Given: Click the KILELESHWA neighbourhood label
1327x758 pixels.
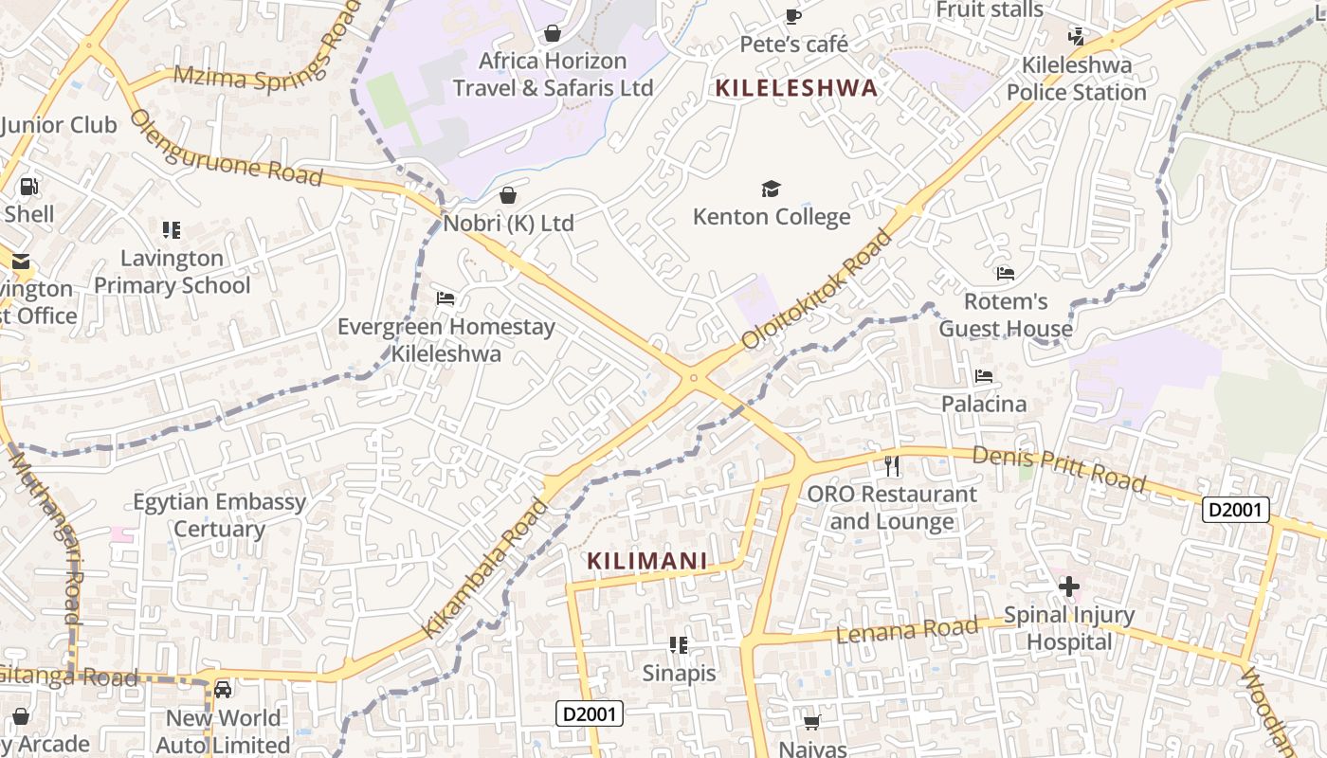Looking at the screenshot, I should [x=796, y=88].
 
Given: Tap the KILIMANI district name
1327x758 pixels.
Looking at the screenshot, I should [x=647, y=561].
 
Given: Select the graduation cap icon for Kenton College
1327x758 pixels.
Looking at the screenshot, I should [x=771, y=189].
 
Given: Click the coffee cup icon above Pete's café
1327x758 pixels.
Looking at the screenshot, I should [x=792, y=16].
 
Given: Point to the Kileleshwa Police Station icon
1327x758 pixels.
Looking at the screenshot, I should [x=1076, y=37].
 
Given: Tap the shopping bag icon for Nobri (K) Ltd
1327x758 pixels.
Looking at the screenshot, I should [x=508, y=196].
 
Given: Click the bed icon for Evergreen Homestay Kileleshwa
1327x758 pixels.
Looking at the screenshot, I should [x=445, y=298].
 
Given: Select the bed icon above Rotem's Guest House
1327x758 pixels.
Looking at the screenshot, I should [x=1006, y=274].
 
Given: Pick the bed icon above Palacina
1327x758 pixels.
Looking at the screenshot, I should [x=984, y=376].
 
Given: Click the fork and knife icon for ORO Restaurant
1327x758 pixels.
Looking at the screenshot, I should [x=891, y=465].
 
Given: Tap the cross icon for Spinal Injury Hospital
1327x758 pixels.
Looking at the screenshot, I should [x=1069, y=587].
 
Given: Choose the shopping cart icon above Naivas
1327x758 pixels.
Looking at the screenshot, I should [x=811, y=723].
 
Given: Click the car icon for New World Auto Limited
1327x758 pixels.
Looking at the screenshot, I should [x=223, y=689].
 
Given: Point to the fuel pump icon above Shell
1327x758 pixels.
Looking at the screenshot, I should [x=29, y=187].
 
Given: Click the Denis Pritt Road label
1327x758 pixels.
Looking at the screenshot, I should [x=1059, y=469].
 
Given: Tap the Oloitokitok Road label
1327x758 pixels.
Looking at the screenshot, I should [x=817, y=288].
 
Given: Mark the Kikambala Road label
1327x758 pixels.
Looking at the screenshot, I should [x=484, y=568].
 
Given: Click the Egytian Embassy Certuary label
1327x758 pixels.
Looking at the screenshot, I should [x=219, y=515].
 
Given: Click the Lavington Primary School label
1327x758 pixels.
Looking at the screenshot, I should [x=173, y=271].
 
